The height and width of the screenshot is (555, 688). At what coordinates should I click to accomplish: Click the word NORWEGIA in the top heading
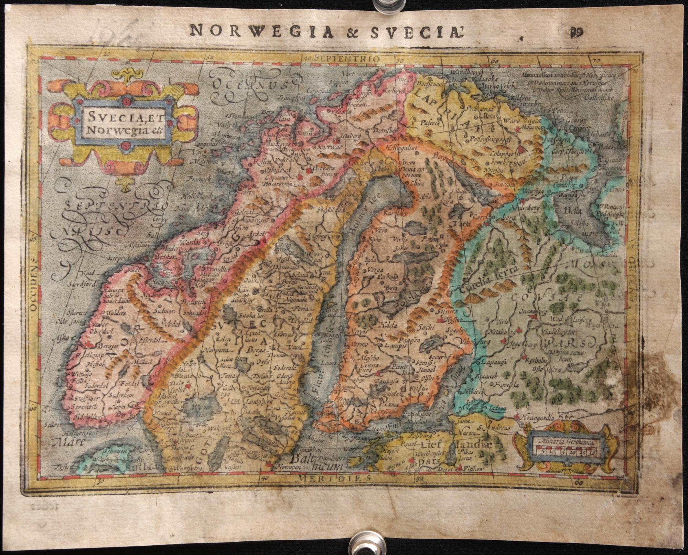pyautogui.click(x=261, y=31)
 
